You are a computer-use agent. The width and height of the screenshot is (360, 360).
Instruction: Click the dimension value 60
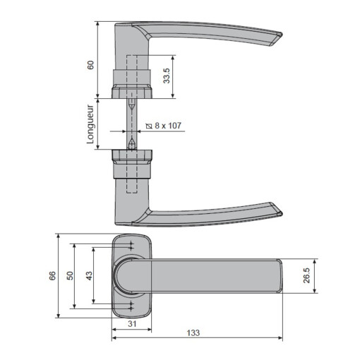point(90,64)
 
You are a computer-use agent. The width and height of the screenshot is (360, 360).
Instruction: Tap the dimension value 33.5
point(167,76)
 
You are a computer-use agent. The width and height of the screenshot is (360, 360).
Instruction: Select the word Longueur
point(90,125)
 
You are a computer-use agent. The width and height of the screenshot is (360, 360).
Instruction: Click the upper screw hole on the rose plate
point(132,246)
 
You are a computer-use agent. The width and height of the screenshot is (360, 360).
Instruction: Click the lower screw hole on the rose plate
point(132,305)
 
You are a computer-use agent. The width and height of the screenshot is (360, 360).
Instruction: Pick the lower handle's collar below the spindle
point(131,162)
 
